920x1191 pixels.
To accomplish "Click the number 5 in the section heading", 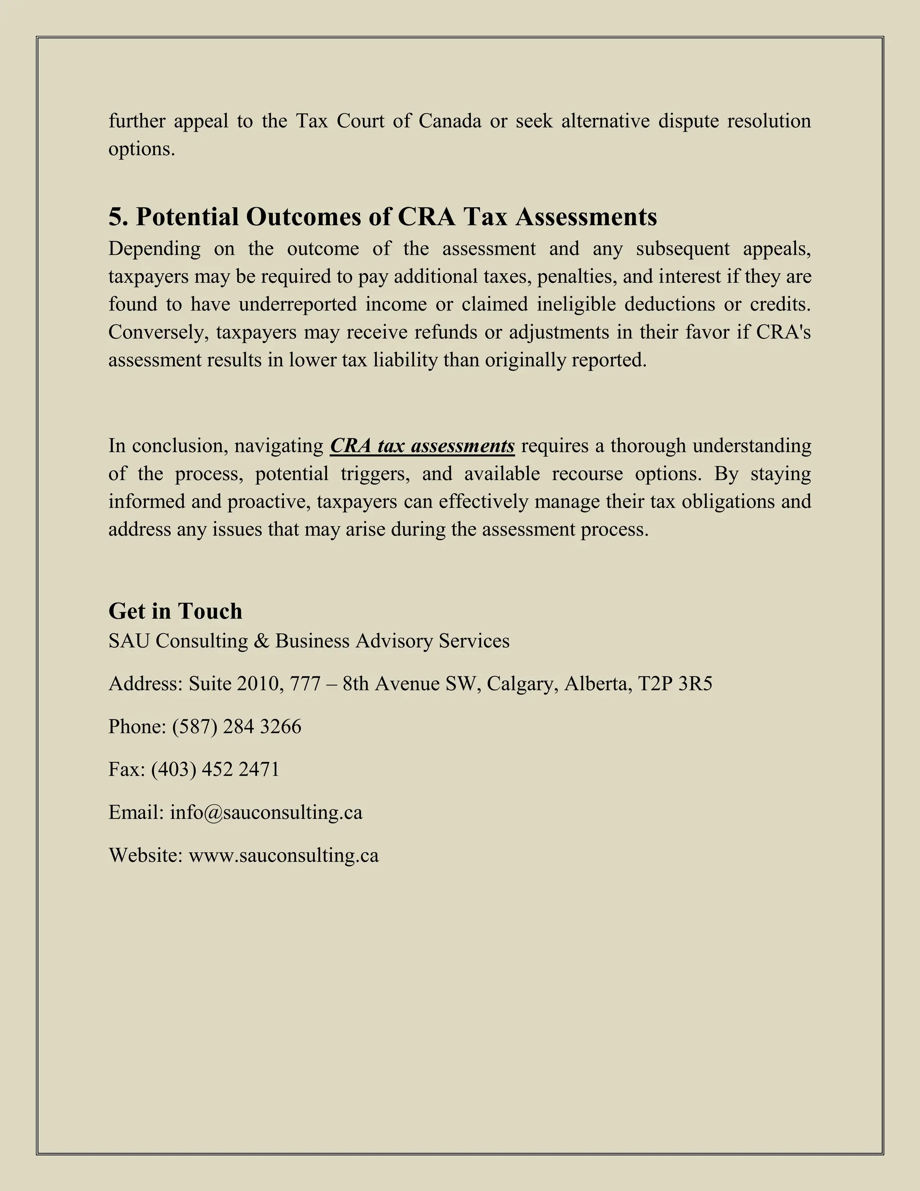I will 115,217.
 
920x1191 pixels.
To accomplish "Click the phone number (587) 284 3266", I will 237,726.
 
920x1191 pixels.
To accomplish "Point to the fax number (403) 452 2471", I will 215,769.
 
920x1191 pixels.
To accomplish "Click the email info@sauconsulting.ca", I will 266,813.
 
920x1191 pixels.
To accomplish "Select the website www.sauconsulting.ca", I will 283,855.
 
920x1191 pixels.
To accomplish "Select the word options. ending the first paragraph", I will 142,149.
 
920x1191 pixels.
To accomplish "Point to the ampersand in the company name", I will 261,641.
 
